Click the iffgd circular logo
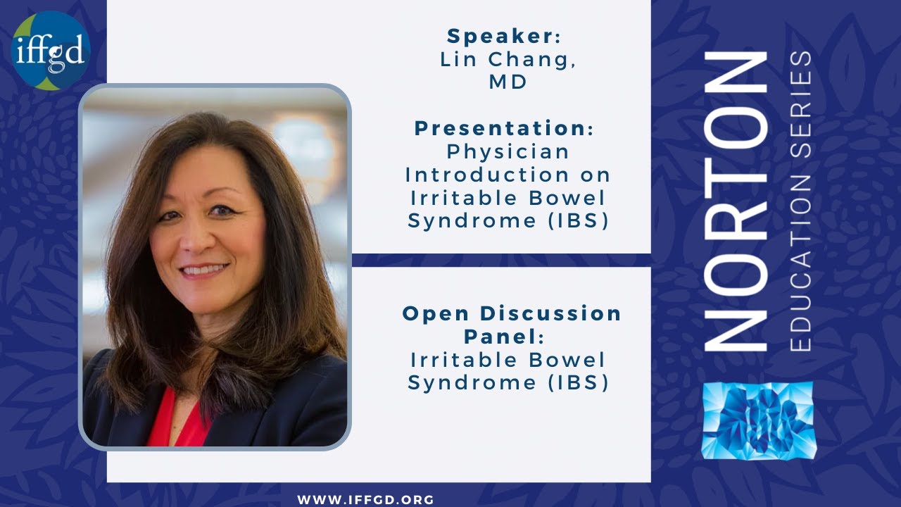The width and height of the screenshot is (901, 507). (x=51, y=51)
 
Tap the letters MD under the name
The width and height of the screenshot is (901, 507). (x=508, y=82)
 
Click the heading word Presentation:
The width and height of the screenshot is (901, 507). (x=504, y=128)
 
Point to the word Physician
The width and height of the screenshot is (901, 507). (x=508, y=151)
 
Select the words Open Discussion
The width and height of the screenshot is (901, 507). (x=512, y=313)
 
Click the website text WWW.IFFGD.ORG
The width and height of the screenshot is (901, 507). (x=365, y=500)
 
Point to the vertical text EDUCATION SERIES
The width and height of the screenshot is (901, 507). (x=800, y=201)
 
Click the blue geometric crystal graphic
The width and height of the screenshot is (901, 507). (x=757, y=420)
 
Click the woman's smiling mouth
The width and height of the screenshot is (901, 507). (x=204, y=269)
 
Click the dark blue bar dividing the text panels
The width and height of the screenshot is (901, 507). (x=500, y=260)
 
